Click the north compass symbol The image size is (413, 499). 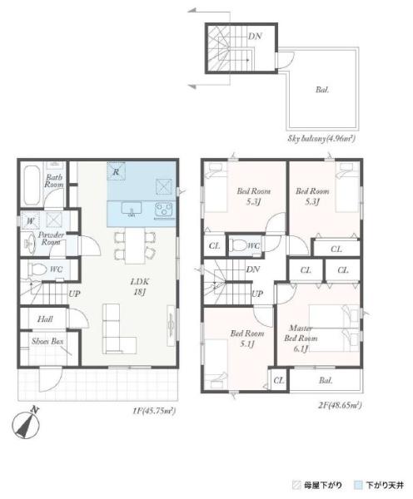click(x=26, y=424)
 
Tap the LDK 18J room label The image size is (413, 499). click(x=140, y=286)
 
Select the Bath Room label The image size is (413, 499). click(x=53, y=180)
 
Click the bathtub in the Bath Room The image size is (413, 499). click(x=32, y=185)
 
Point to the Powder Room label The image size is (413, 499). click(x=51, y=239)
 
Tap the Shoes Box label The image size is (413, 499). click(x=47, y=341)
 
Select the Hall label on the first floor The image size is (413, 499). click(x=45, y=319)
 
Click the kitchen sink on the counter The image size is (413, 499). click(x=132, y=209)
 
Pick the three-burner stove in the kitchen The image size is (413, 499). click(x=164, y=210)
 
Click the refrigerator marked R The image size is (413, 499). click(x=116, y=171)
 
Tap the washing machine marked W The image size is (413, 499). click(x=30, y=220)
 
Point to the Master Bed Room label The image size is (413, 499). click(x=301, y=338)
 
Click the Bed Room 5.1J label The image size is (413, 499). click(x=247, y=338)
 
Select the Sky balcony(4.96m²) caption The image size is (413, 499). click(x=321, y=139)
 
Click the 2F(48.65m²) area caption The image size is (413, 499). click(x=340, y=406)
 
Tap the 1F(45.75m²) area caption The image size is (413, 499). click(x=154, y=411)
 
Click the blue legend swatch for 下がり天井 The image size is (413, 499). click(x=358, y=486)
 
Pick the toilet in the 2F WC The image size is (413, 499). click(x=239, y=245)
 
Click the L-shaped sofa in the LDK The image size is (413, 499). click(x=119, y=329)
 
